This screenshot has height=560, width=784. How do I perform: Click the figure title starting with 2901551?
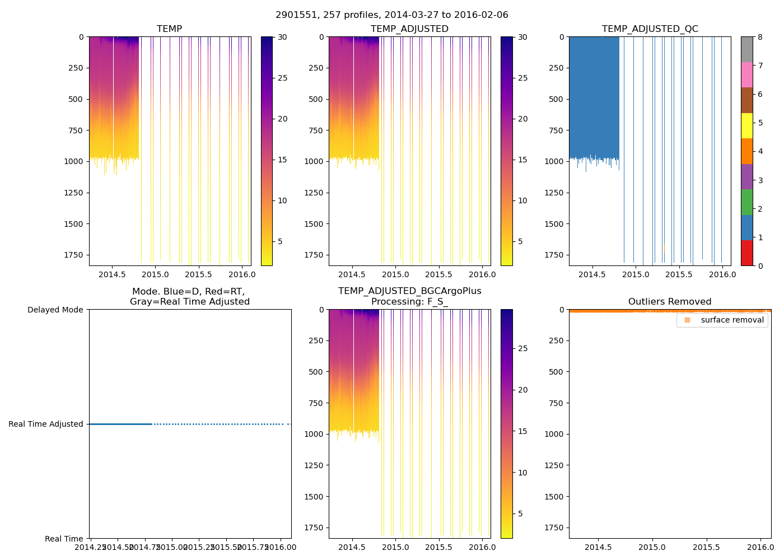click(392, 15)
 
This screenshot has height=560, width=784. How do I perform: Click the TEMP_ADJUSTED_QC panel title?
click(650, 29)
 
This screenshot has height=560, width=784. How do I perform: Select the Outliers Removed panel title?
click(670, 301)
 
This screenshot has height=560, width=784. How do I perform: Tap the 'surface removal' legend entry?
click(732, 320)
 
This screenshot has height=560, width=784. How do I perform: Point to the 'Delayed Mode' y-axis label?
click(55, 310)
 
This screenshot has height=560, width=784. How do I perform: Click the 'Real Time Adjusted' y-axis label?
click(46, 424)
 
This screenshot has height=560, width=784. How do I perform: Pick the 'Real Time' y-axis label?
click(64, 539)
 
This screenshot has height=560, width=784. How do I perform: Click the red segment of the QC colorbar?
click(746, 253)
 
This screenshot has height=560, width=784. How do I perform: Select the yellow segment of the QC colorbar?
click(746, 126)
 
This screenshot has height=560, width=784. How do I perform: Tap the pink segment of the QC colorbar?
click(746, 74)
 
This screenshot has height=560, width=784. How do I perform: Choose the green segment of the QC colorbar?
click(746, 202)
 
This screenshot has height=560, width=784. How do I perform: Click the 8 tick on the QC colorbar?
click(760, 37)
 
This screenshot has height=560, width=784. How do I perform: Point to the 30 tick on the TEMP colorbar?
click(282, 37)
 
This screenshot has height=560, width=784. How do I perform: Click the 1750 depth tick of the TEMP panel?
click(74, 255)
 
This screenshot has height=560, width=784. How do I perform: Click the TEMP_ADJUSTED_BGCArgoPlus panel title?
click(409, 296)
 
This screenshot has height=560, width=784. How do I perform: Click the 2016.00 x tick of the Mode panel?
click(281, 547)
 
